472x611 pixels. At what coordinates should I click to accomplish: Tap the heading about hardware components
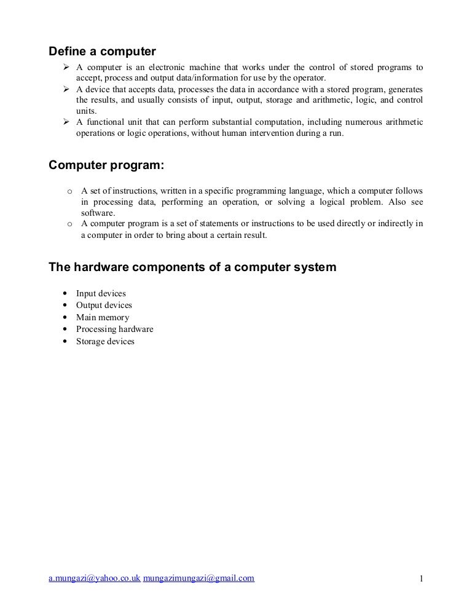pos(192,267)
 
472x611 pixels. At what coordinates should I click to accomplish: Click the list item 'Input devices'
pos(101,294)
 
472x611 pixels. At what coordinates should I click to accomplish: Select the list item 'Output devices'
pos(104,305)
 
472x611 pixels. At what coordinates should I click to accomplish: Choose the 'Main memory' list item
pos(103,318)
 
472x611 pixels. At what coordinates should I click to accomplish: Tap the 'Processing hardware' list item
pos(114,329)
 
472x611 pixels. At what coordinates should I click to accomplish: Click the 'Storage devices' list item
pos(105,342)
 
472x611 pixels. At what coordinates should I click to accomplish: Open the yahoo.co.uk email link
pos(95,578)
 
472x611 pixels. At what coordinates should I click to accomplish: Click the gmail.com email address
pos(199,578)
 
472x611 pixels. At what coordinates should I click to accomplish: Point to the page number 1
pos(421,578)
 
